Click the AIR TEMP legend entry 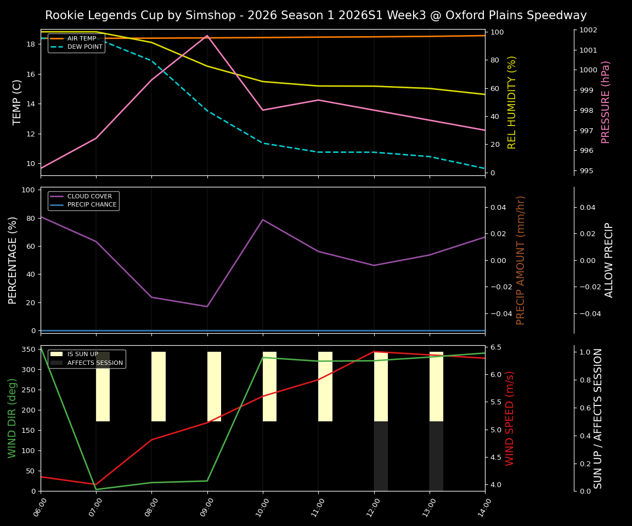point(81,38)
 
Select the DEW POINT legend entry point(84,47)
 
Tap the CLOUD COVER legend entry point(89,196)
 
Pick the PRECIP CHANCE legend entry point(92,205)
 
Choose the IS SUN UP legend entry point(82,354)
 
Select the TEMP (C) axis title point(18,102)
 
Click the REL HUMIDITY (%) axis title point(512,102)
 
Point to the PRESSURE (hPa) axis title point(606,102)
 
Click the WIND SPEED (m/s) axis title point(510,418)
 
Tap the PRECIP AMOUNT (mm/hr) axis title point(521,260)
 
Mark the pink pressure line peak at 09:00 point(207,36)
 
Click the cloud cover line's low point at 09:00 point(207,306)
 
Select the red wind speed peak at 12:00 point(374,352)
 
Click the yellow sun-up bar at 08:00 point(159,386)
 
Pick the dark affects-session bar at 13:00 point(436,456)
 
